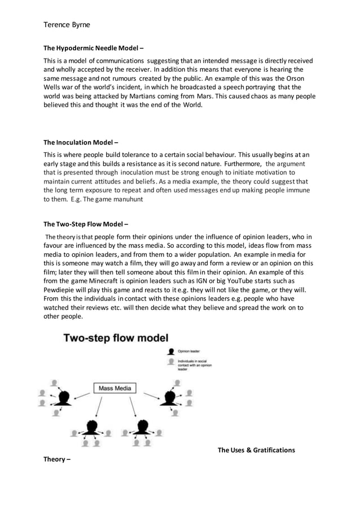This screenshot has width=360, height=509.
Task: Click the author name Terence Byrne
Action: tap(67, 25)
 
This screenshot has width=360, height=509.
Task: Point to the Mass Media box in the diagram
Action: tap(115, 388)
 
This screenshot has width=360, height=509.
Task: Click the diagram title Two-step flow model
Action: tap(116, 339)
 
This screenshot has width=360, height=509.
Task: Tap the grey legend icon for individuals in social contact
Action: tap(169, 361)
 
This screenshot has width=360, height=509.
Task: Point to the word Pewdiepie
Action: tap(62, 290)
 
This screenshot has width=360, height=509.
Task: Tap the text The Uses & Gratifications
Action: tap(256, 450)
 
